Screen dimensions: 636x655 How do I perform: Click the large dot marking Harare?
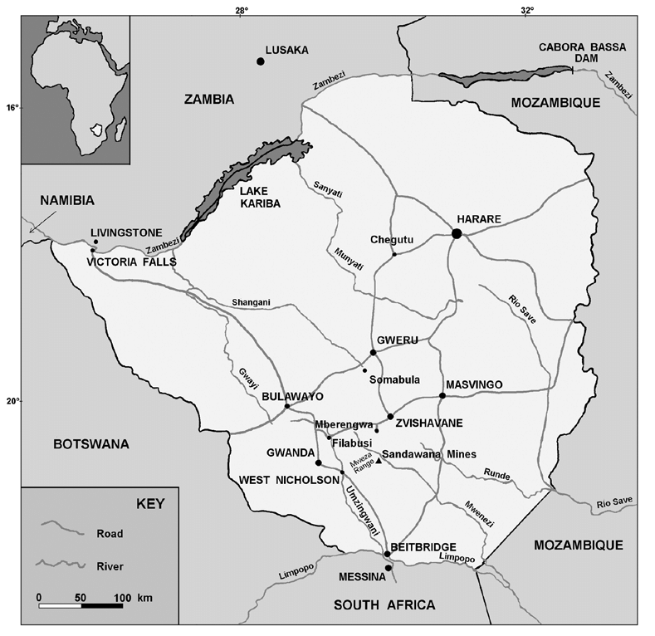pyautogui.click(x=457, y=233)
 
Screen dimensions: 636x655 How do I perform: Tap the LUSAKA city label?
pyautogui.click(x=286, y=50)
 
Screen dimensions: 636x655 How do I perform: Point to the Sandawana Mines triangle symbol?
pyautogui.click(x=379, y=461)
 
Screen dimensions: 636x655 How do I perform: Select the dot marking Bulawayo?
pyautogui.click(x=287, y=406)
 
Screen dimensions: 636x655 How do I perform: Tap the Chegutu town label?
pyautogui.click(x=392, y=240)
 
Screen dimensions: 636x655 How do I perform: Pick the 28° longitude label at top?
pyautogui.click(x=241, y=11)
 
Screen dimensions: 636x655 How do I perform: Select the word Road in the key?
pyautogui.click(x=110, y=533)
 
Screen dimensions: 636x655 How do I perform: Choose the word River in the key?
pyautogui.click(x=110, y=565)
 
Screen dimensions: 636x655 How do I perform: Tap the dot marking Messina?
pyautogui.click(x=388, y=569)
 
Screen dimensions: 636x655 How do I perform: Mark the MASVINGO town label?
pyautogui.click(x=474, y=385)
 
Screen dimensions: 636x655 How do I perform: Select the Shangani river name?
pyautogui.click(x=252, y=303)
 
